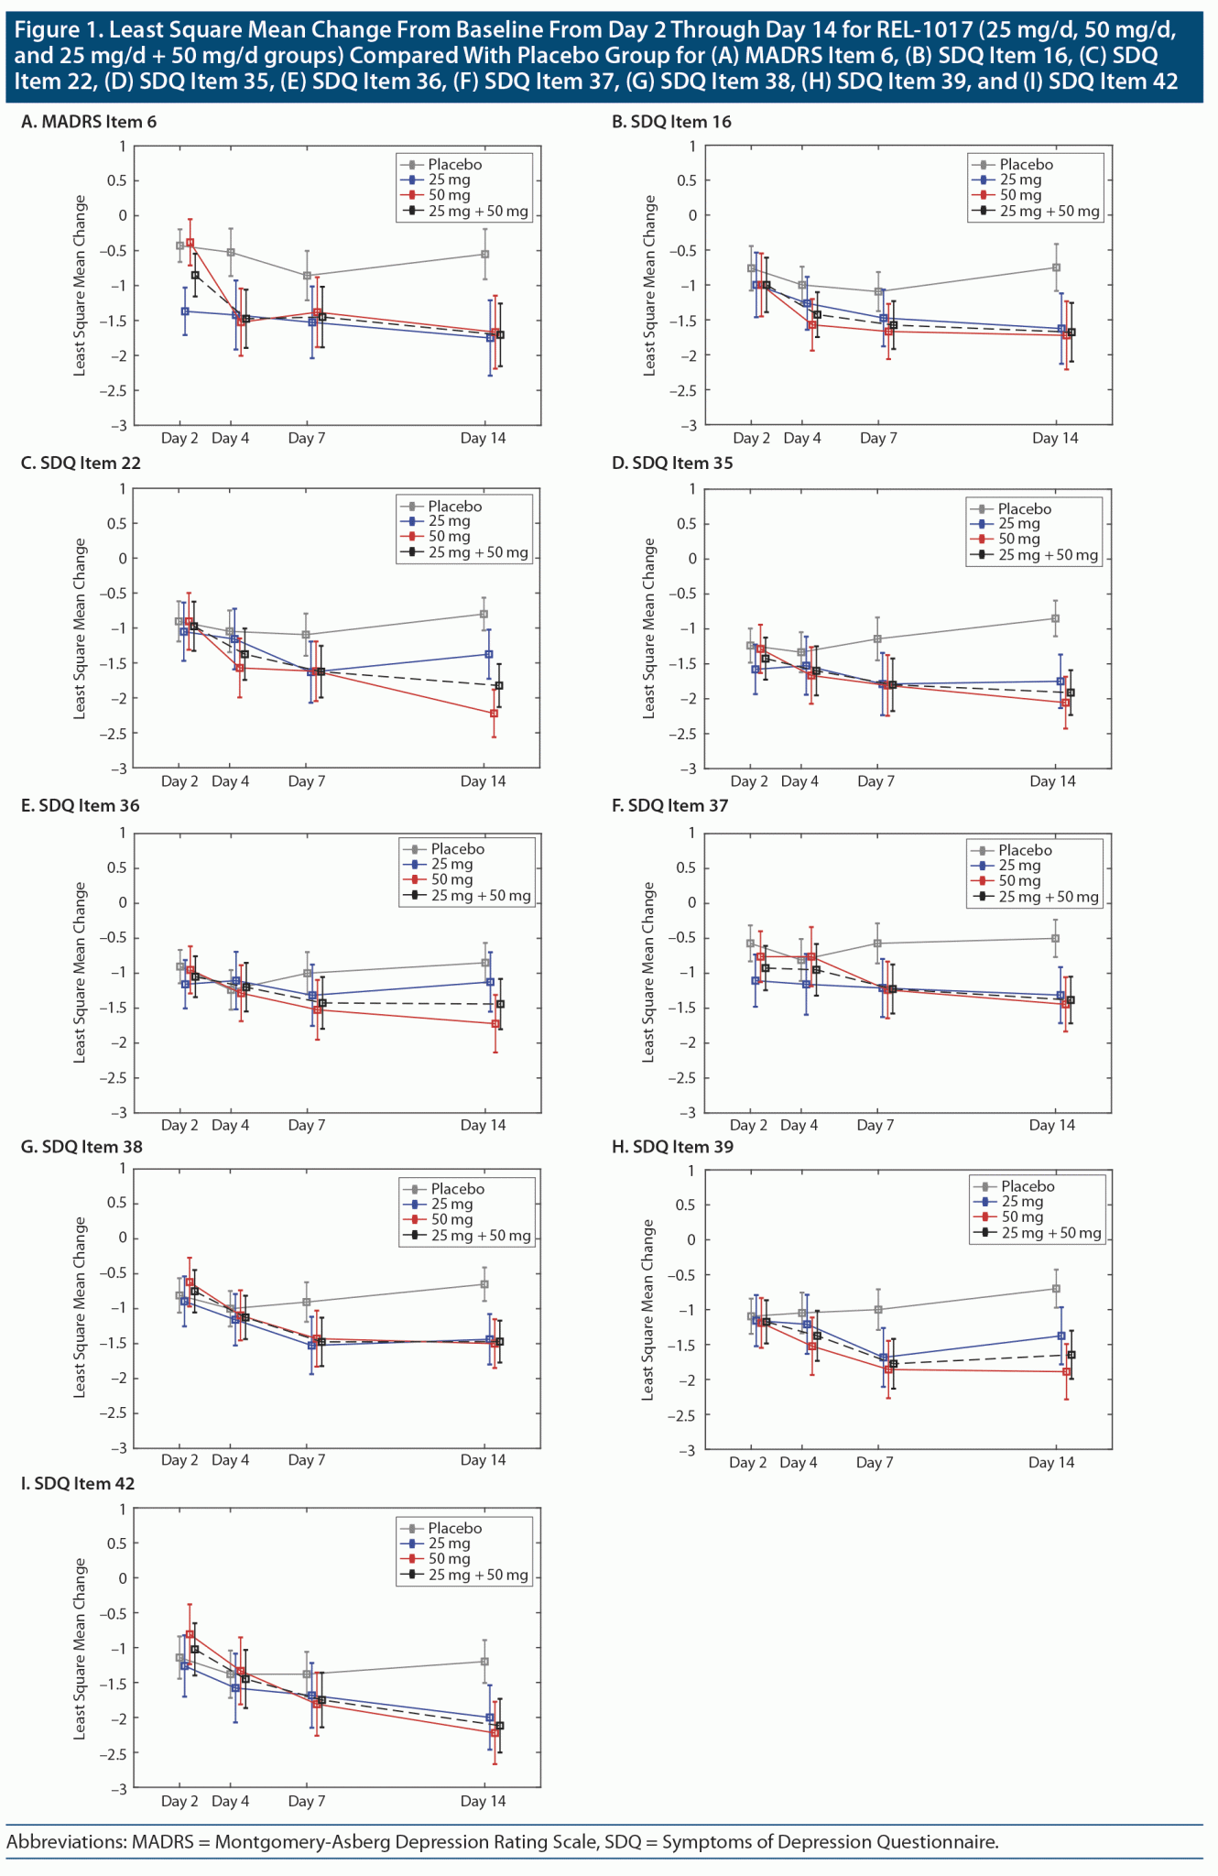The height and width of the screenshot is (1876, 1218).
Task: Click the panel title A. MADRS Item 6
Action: tap(89, 122)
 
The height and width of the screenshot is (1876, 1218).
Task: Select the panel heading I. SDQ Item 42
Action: tap(78, 1483)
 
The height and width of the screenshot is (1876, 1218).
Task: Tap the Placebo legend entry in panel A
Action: tap(454, 165)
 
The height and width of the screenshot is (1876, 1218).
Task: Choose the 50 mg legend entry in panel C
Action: tap(449, 537)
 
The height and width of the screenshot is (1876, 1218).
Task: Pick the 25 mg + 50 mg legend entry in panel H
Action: tap(1050, 1233)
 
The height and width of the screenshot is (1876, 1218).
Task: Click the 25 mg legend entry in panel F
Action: tap(1019, 866)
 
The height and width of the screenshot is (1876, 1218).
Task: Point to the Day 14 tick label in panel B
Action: tap(1055, 439)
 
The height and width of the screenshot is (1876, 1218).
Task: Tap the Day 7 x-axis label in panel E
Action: tap(306, 1125)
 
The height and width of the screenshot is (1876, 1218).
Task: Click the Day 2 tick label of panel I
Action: tap(179, 1801)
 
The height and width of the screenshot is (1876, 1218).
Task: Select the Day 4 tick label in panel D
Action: tap(799, 781)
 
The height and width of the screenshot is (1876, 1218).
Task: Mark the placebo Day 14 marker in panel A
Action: tap(484, 254)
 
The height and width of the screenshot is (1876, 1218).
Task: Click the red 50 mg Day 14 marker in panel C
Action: tap(495, 713)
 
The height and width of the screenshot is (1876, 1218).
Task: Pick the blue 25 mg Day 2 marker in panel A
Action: tap(185, 311)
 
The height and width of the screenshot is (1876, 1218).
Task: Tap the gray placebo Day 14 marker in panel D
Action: tap(1055, 618)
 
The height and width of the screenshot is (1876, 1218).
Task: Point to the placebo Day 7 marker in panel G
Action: tap(307, 1302)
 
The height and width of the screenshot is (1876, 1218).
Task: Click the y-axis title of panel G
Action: tap(80, 1306)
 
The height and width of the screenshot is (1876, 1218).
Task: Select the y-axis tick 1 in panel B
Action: tap(692, 147)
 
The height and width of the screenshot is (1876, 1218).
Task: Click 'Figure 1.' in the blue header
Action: tap(56, 30)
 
